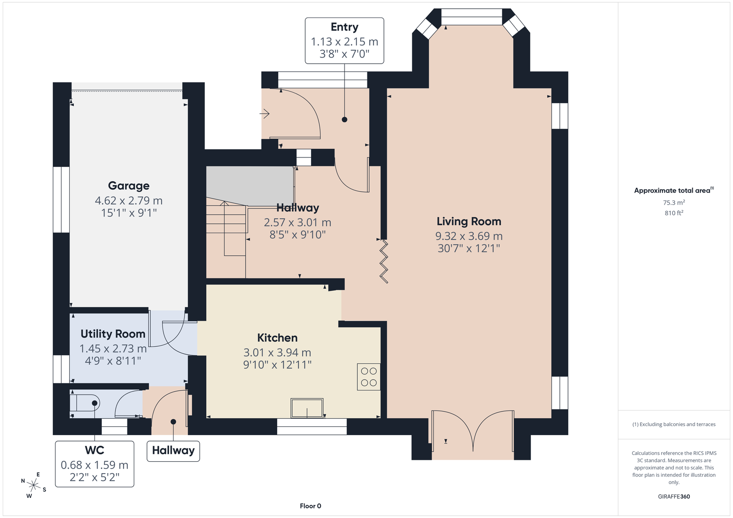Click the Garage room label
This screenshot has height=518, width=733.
[129, 186]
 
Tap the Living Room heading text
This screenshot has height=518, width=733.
[469, 221]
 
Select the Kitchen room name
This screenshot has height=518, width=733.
[277, 338]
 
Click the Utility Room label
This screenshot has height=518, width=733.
[113, 334]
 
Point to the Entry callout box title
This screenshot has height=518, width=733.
[344, 27]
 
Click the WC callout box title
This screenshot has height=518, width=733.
[94, 450]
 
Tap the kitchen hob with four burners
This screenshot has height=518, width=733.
[369, 377]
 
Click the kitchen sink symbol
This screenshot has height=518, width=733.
[307, 408]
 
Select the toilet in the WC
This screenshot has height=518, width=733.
[85, 403]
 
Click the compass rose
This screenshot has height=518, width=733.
[34, 485]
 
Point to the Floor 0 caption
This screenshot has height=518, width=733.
[311, 506]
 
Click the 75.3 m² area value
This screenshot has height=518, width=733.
[674, 202]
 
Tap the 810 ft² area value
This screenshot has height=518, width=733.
[674, 213]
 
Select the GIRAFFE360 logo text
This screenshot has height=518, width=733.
[674, 496]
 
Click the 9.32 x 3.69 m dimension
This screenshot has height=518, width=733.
[469, 236]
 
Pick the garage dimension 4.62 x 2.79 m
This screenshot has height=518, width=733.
[129, 200]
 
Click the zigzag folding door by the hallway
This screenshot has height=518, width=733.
[383, 261]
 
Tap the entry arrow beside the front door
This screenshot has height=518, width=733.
[264, 114]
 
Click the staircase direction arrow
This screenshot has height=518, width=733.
[224, 228]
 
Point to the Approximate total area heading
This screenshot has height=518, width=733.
[674, 190]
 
